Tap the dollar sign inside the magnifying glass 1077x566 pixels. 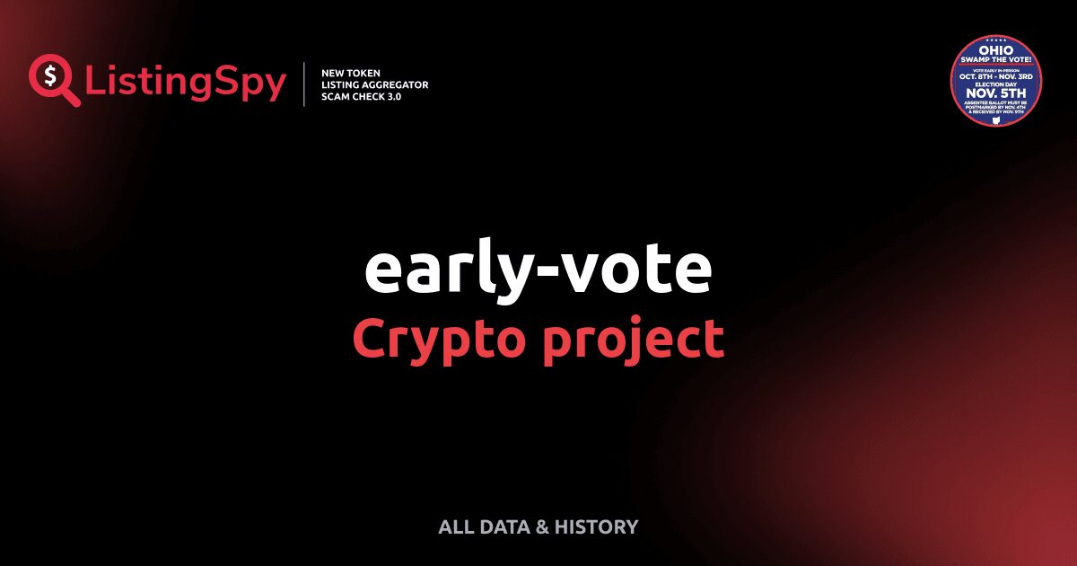(x=49, y=75)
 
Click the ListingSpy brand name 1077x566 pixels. (x=186, y=83)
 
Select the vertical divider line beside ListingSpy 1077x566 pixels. (x=305, y=84)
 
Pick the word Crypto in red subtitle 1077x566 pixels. (x=430, y=340)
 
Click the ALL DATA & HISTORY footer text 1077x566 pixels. (x=538, y=527)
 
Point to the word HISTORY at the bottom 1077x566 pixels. (x=597, y=527)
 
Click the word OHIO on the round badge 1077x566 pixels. (x=995, y=50)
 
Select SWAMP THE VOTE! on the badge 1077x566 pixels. (x=995, y=59)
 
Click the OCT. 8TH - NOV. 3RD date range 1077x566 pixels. (x=995, y=76)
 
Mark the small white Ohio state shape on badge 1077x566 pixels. (x=995, y=119)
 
